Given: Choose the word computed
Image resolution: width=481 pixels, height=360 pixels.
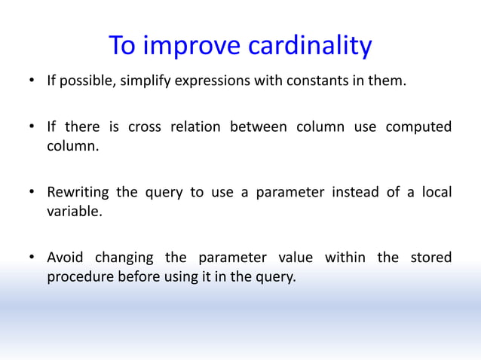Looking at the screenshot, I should (418, 127).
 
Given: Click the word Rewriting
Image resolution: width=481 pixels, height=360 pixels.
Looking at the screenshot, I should (81, 192).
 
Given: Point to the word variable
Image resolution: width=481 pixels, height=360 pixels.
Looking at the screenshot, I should (73, 212).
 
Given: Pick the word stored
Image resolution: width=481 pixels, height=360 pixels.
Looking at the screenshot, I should (430, 258).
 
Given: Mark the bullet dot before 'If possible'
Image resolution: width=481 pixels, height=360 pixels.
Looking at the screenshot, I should (32, 82).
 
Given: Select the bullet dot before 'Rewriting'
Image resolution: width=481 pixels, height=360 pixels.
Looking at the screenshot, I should (32, 193).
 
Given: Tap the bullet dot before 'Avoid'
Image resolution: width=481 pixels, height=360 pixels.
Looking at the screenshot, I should (32, 258).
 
